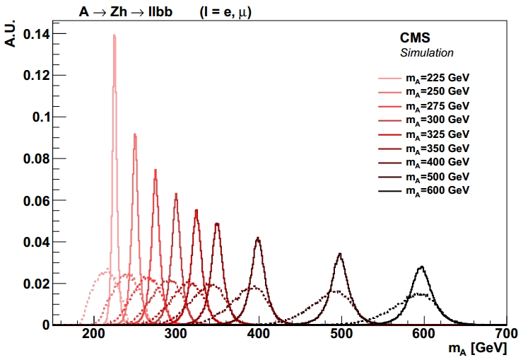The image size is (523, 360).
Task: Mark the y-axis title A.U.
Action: pos(11,32)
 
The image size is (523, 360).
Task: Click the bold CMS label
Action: pos(416,37)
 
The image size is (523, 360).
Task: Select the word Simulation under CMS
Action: pos(427,53)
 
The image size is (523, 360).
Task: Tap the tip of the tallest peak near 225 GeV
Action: pos(114,35)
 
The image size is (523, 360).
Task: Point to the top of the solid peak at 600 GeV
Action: pos(422,267)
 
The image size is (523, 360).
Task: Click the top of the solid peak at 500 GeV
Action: pos(341,253)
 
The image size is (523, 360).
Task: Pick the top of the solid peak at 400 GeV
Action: pos(259,238)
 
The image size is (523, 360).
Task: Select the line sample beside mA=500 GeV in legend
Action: pos(390,177)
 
